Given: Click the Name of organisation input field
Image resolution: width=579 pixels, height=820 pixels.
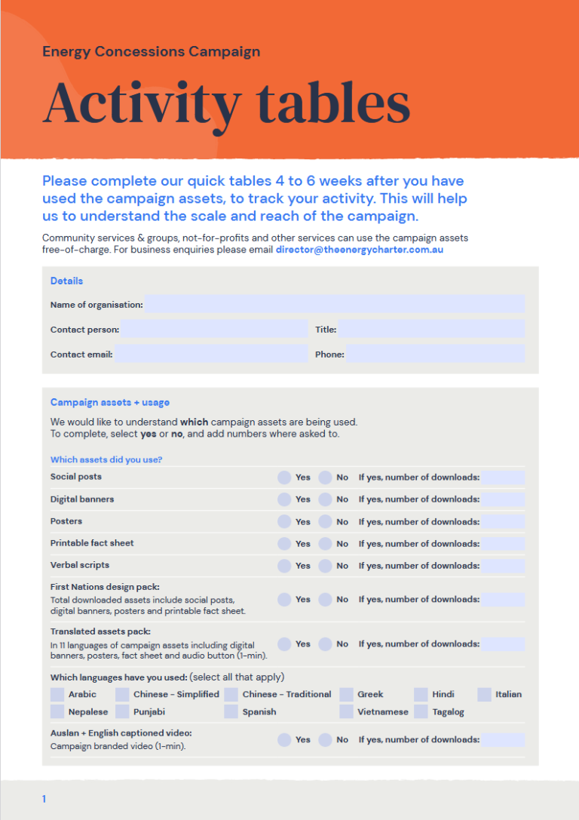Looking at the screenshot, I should coord(334,305).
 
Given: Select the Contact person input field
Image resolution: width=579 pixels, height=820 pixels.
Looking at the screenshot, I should coord(214,330).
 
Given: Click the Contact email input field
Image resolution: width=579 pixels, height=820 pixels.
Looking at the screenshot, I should coord(211,355).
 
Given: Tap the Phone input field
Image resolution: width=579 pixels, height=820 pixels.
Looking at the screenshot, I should coord(435,355).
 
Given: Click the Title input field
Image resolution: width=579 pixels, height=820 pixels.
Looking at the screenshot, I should coord(430,330).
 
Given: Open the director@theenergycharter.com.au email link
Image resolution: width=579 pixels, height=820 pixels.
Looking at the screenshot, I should coord(360,249).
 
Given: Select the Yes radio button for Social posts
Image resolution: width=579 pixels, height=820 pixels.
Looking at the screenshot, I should coord(284,478).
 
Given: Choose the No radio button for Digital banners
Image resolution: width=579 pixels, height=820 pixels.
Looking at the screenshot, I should coord(325,499).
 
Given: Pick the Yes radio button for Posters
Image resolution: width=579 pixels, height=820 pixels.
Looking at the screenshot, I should coord(284,521).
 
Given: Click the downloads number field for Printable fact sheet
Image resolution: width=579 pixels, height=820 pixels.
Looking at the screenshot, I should coord(503,544).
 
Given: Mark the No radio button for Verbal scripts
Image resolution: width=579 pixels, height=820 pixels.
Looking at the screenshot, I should coord(325,566).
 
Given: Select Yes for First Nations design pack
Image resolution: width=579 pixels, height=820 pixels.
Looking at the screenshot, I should coord(284,600).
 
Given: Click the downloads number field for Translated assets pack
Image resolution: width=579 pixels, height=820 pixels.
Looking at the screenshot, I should coord(503,644).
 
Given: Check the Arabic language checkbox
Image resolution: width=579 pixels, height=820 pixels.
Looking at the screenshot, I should coord(57,695).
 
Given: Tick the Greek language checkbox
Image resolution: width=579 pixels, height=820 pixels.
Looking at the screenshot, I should coord(346,695).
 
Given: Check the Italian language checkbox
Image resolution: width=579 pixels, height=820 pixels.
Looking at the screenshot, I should coord(484,695).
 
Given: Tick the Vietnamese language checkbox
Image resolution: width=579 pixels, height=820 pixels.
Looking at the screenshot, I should coord(346,712).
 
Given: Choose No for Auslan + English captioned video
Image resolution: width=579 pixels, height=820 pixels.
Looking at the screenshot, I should coord(325,740).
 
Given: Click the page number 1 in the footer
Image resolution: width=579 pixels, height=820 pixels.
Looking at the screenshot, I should coord(44,799).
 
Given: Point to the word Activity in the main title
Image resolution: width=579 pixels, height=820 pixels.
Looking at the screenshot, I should coord(142,105).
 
